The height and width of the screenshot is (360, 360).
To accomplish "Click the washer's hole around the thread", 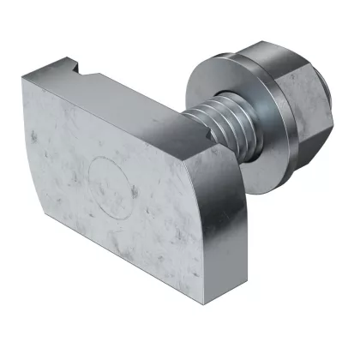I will click(225, 116).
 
